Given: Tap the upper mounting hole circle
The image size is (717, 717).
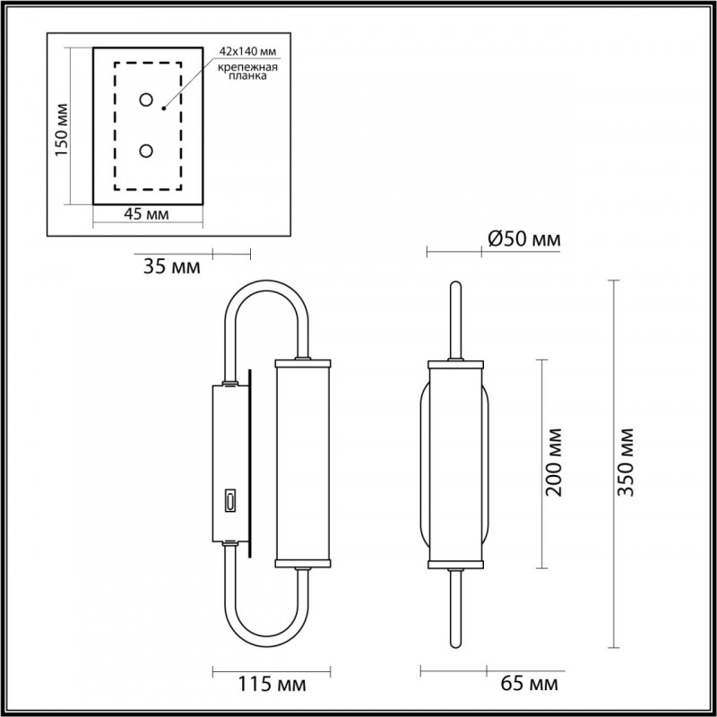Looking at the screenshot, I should pos(144,99).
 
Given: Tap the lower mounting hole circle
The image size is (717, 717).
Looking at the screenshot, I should pos(144,151).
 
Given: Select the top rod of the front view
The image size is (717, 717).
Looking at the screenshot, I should pos(455,318).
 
